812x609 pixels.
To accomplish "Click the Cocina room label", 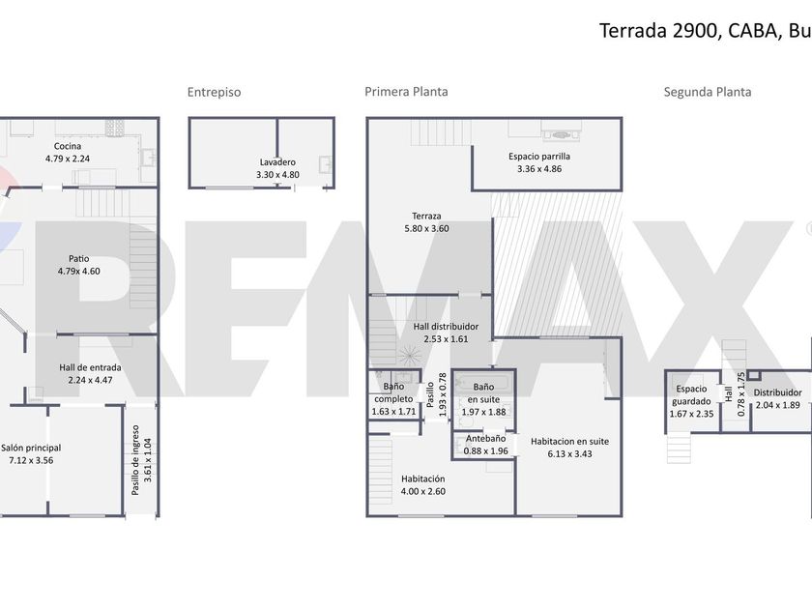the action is (x=68, y=146).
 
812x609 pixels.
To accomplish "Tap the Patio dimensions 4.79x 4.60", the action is (x=78, y=271).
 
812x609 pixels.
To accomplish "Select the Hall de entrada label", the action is (x=90, y=367).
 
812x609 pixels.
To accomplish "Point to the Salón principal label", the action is (x=31, y=448).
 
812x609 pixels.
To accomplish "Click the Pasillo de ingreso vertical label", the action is (x=135, y=460).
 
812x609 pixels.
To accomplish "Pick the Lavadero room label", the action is (x=277, y=162).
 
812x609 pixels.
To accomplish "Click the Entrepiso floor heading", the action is (x=214, y=92).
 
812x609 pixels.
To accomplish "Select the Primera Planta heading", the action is (x=407, y=92).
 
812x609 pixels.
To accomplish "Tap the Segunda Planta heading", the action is (x=708, y=92).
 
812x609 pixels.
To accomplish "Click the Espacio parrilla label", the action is (x=539, y=157).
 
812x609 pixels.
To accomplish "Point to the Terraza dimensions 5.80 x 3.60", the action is (x=426, y=228).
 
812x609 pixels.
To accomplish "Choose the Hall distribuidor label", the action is (x=446, y=327).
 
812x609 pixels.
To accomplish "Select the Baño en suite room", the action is (x=483, y=399).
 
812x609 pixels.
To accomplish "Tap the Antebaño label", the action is (x=485, y=439).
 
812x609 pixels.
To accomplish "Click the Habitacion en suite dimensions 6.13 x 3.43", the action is (x=569, y=454).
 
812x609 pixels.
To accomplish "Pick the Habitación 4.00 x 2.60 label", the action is (x=423, y=485).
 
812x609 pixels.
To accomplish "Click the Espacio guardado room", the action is (x=691, y=401).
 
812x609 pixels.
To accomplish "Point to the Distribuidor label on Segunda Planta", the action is (x=778, y=393).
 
